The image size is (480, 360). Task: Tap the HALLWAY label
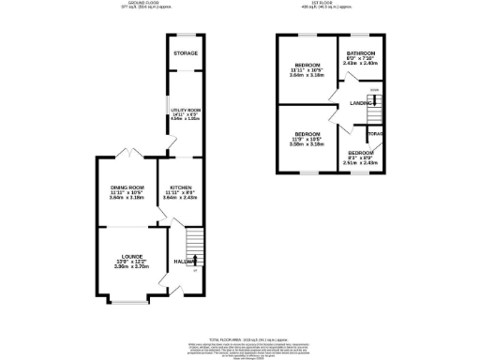184,262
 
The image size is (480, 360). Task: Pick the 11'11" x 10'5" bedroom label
306,65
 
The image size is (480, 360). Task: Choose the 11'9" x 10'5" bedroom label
306,135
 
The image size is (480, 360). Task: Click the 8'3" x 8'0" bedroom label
360,152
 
